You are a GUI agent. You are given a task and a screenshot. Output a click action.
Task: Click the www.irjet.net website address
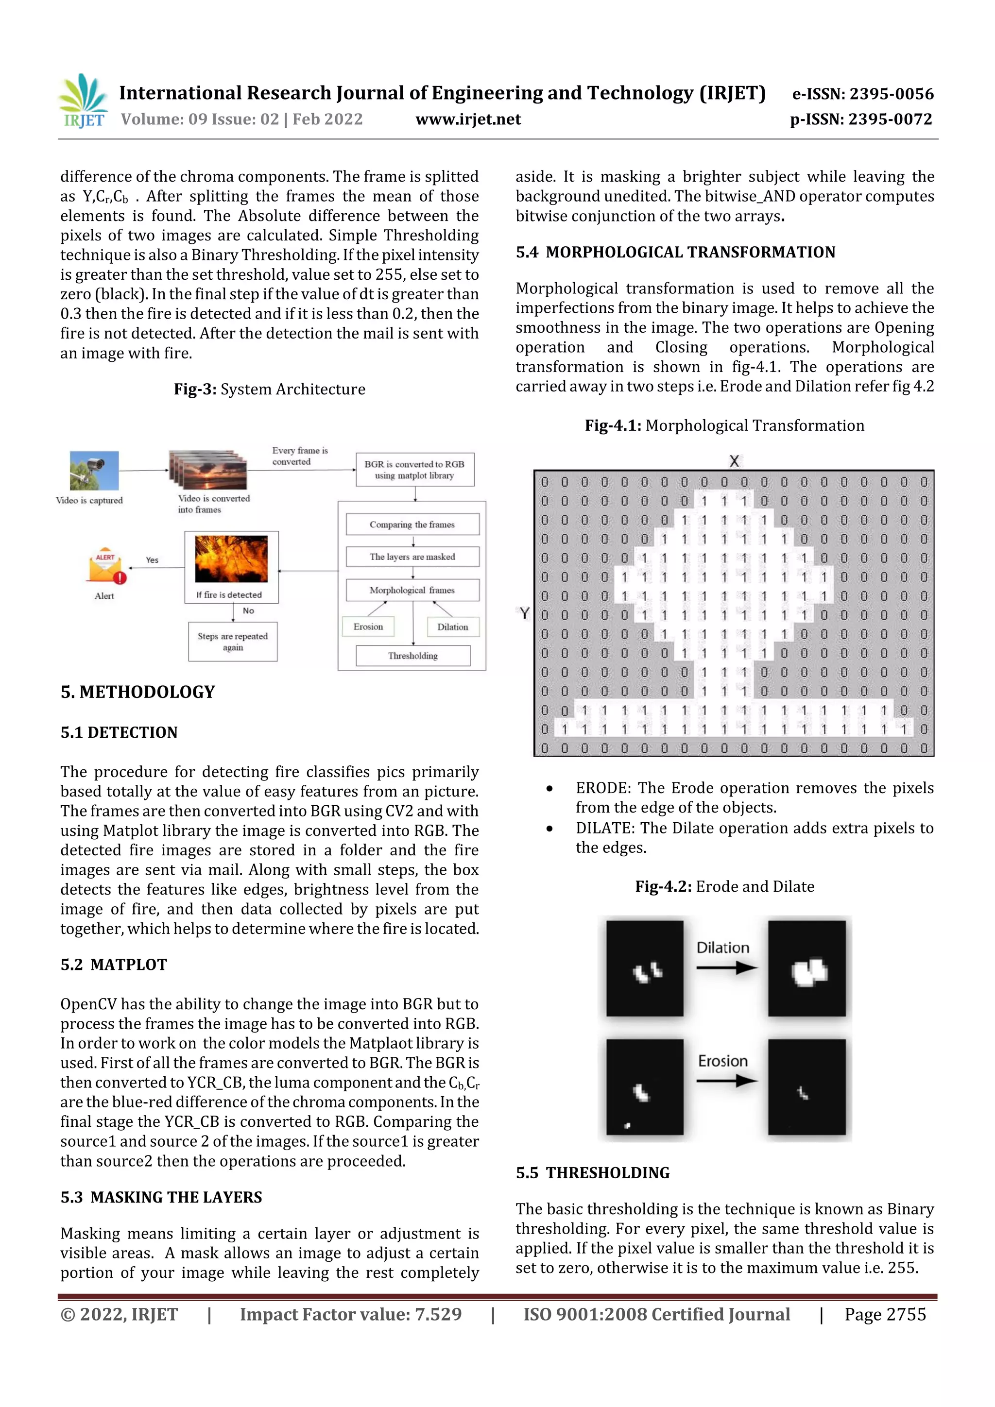[468, 119]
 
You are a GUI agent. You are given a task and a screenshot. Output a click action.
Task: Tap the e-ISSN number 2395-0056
[862, 94]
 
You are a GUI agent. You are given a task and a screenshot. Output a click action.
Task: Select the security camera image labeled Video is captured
[94, 471]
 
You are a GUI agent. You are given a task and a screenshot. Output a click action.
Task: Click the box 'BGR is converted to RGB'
[414, 470]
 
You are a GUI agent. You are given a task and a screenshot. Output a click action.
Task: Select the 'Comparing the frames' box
[412, 525]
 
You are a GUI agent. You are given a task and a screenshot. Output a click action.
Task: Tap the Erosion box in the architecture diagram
[368, 627]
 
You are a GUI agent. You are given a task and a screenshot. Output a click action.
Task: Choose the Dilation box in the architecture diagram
[452, 627]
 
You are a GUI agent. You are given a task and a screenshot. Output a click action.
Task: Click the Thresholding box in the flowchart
[412, 656]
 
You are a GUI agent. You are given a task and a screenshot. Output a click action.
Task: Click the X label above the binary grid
[734, 461]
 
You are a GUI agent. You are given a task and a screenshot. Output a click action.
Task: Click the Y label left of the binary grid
[524, 613]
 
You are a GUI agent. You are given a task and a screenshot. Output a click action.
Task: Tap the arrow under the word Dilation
[726, 967]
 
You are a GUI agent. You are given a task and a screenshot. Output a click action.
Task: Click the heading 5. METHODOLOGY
[138, 692]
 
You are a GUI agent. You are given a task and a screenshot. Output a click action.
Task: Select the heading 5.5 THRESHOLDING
[592, 1172]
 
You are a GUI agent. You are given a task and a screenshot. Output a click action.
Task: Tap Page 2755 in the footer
[885, 1314]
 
